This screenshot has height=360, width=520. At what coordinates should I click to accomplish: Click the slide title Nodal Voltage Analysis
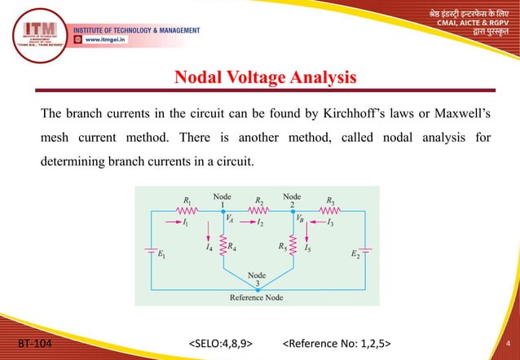tap(265, 78)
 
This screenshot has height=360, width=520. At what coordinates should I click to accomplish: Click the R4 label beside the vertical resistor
tap(234, 245)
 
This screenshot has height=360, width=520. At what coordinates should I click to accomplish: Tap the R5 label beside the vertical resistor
tap(282, 244)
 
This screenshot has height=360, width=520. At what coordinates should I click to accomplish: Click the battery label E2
tap(355, 256)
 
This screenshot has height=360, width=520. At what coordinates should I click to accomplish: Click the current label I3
tap(331, 221)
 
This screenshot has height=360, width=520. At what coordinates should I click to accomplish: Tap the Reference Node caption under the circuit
tap(257, 297)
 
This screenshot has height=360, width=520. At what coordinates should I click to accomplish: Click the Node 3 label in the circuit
tap(257, 279)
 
